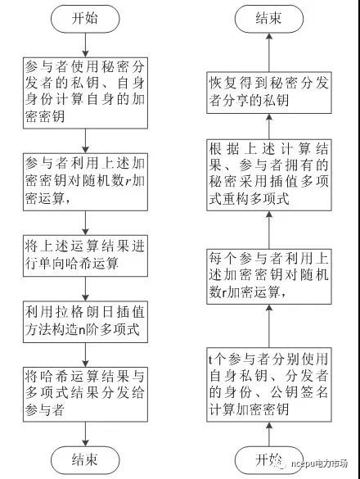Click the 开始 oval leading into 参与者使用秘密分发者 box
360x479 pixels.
coord(85,19)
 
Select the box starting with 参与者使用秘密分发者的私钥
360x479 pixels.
coord(85,93)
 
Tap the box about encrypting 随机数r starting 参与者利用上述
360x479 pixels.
coord(85,182)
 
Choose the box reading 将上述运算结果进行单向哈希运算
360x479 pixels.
coord(85,255)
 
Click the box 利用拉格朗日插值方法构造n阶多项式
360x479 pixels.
coord(85,322)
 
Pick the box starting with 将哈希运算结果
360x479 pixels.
coord(85,395)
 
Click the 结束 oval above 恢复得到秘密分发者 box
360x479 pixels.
coord(269,19)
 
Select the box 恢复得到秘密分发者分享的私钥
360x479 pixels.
coord(269,93)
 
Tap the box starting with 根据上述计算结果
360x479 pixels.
coord(269,175)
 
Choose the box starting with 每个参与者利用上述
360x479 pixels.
coord(269,277)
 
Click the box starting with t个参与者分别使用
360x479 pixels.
coord(269,385)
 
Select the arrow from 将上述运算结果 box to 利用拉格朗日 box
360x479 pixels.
coord(85,289)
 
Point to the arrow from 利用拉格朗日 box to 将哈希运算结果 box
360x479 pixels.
coord(85,355)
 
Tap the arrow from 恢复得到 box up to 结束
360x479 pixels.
coord(269,52)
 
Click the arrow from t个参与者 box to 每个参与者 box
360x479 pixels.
coord(269,326)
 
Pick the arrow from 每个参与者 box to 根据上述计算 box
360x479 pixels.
coord(269,230)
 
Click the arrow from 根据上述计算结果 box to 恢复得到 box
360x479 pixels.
coord(269,126)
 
